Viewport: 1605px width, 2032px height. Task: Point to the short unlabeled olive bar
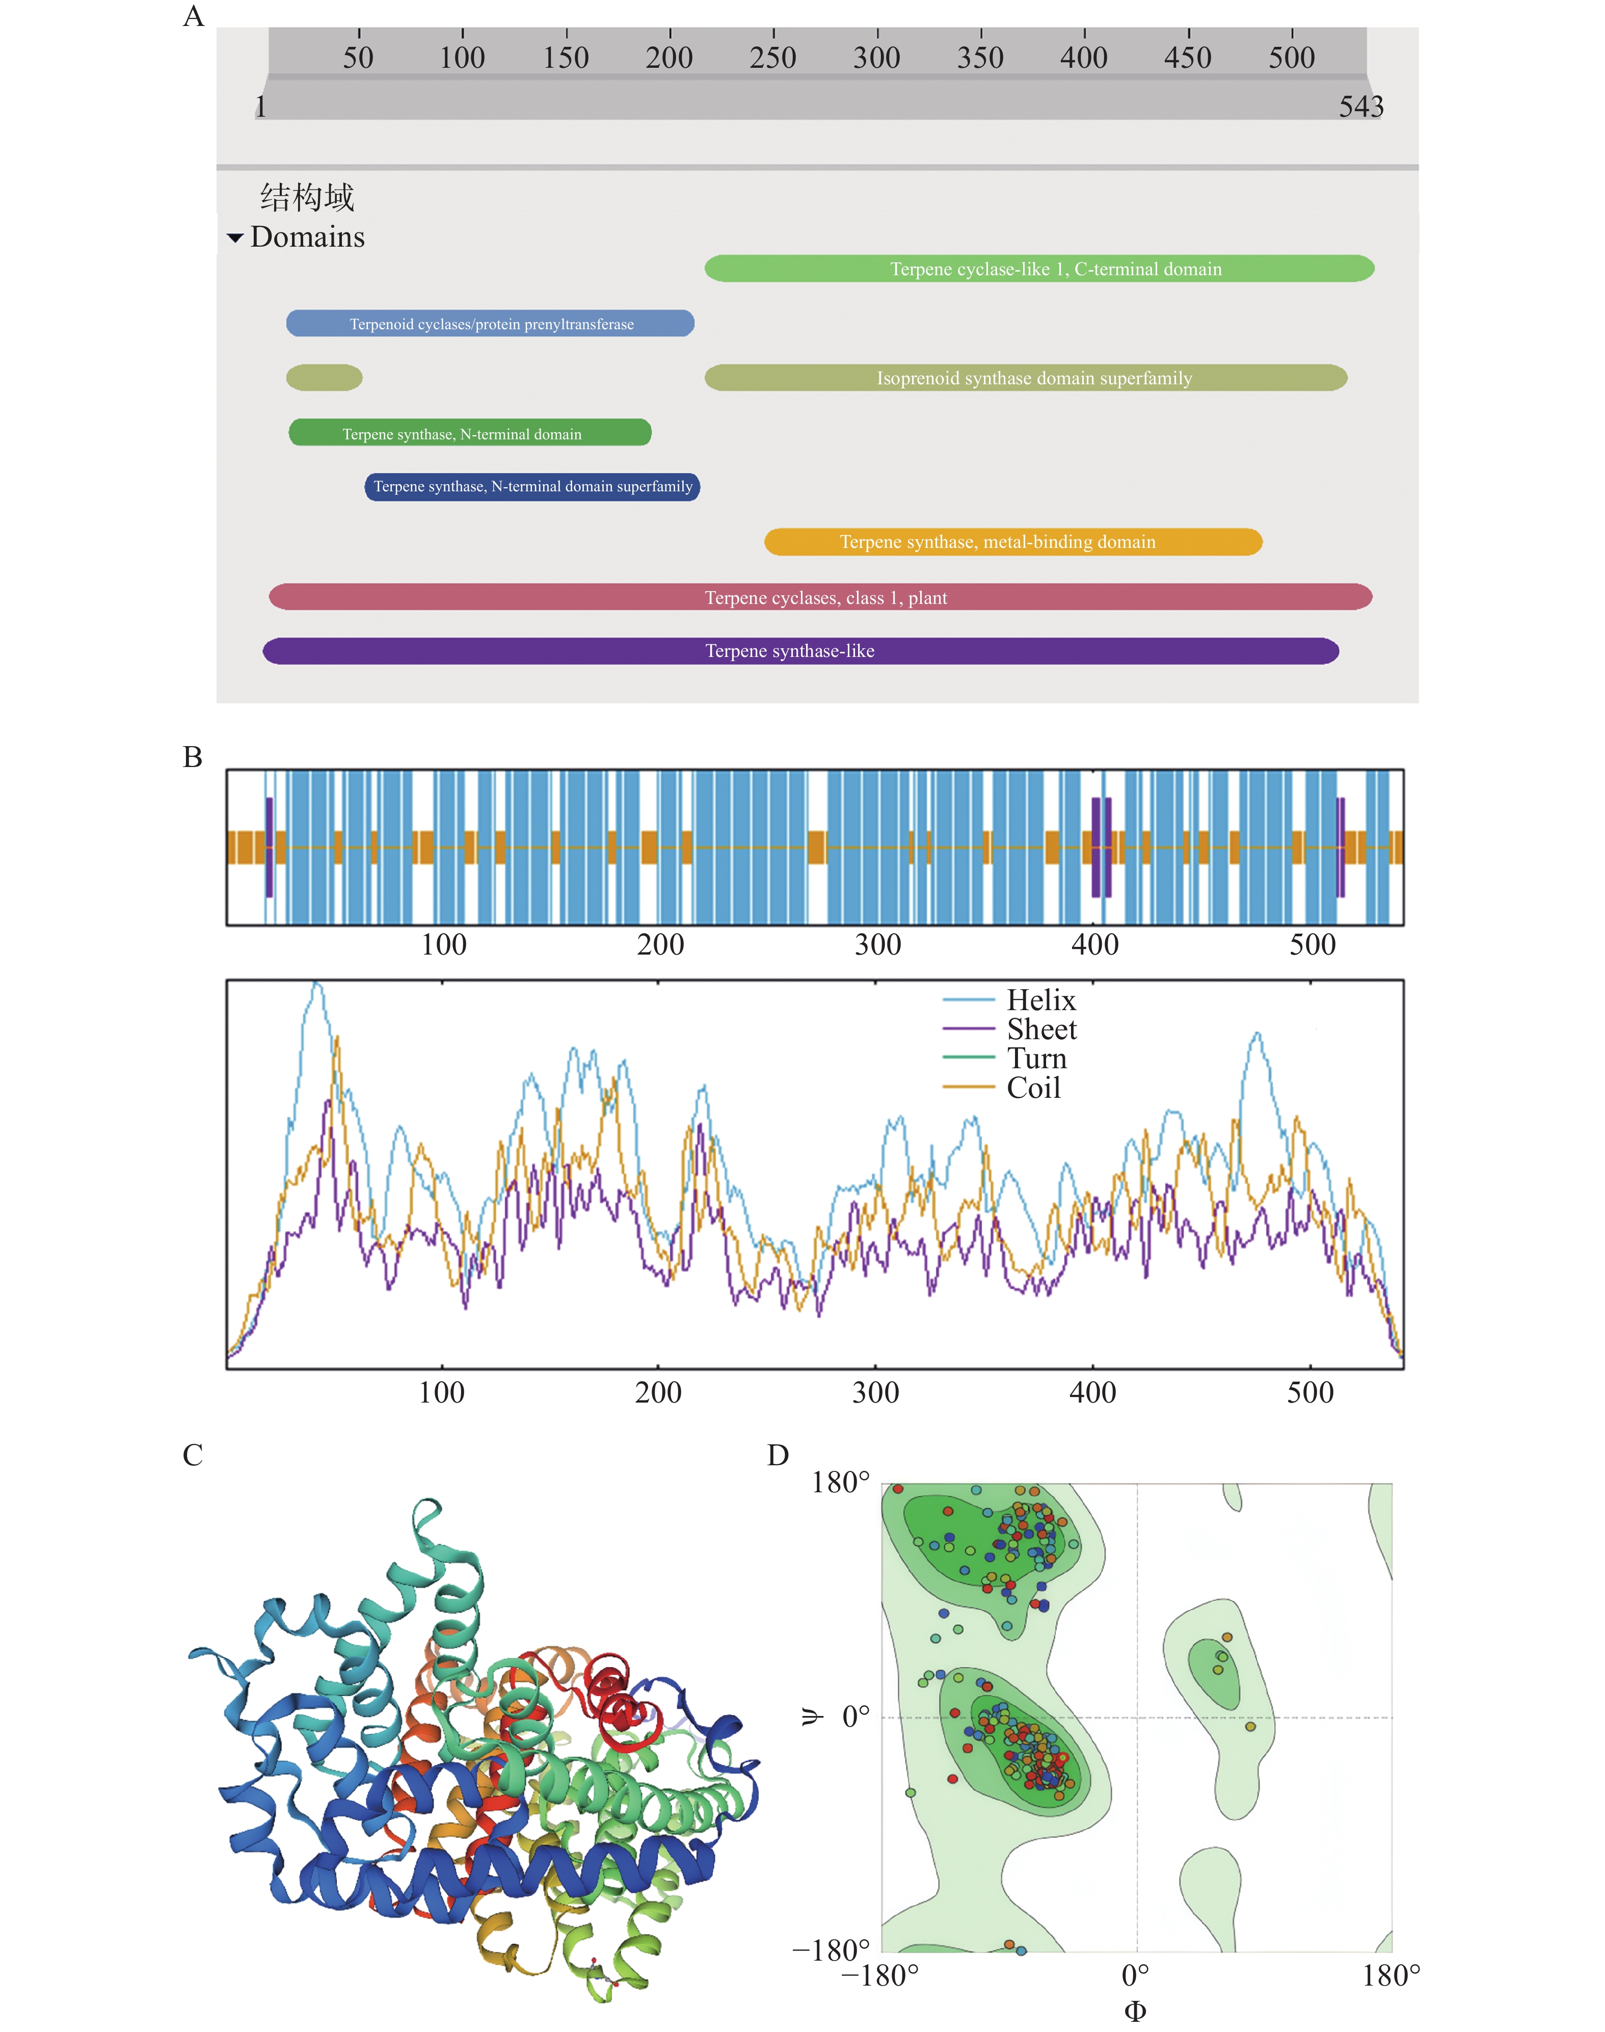click(x=324, y=378)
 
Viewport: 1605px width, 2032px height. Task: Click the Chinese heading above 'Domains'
click(x=307, y=197)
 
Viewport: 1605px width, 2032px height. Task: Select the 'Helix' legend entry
click(x=1040, y=1000)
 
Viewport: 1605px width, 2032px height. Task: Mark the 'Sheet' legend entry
click(x=1041, y=1029)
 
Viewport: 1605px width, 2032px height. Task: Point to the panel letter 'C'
click(x=193, y=1455)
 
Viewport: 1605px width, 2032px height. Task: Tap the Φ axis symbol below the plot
click(x=1135, y=2011)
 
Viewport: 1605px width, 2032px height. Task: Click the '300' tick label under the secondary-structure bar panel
click(x=877, y=944)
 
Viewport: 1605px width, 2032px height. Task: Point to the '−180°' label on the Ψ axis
click(x=831, y=1950)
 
